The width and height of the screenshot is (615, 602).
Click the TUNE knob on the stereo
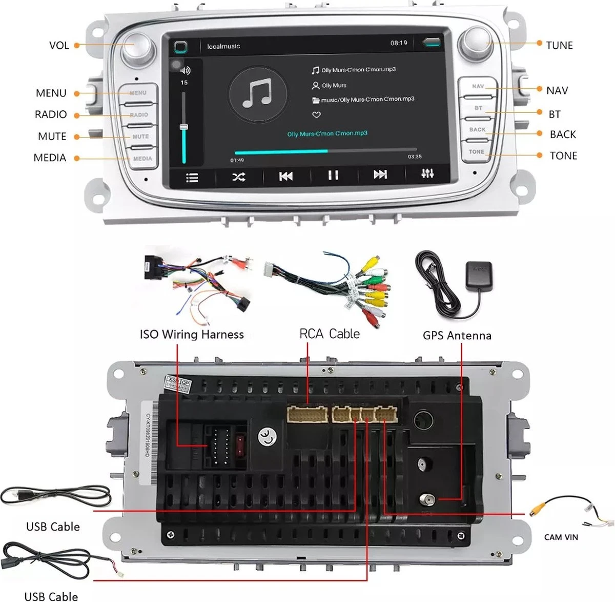click(x=475, y=42)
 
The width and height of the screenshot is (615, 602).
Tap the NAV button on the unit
click(x=477, y=87)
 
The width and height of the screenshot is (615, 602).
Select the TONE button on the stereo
click(x=476, y=152)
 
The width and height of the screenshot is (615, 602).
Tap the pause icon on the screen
click(x=333, y=176)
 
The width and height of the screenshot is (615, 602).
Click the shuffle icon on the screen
click(x=238, y=177)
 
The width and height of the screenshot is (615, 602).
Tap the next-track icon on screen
click(x=380, y=175)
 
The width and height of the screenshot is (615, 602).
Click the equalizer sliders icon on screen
click(x=427, y=174)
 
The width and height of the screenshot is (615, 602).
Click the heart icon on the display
click(x=316, y=114)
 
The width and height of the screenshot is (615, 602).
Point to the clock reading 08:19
click(x=398, y=43)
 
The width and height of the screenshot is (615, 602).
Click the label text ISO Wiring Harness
click(x=192, y=335)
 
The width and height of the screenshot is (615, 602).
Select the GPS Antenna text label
click(x=457, y=336)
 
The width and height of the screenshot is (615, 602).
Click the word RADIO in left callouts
click(x=51, y=114)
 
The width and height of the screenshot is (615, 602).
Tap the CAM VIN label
click(x=561, y=537)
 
